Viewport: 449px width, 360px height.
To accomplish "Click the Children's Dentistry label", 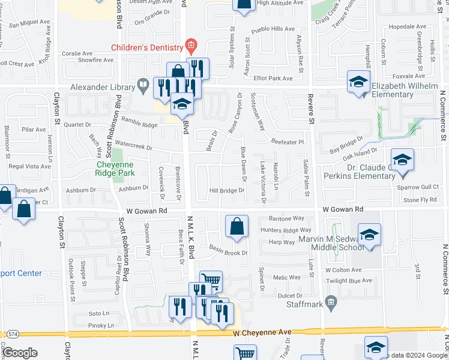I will [x=146, y=47].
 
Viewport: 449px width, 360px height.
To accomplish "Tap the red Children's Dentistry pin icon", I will [x=191, y=45].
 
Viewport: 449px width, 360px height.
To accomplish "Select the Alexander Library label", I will [x=100, y=87].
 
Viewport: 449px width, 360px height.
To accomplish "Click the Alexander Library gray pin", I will [x=143, y=86].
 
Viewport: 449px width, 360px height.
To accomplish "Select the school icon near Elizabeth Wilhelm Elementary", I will [x=358, y=82].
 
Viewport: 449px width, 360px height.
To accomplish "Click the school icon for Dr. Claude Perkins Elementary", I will [x=402, y=160].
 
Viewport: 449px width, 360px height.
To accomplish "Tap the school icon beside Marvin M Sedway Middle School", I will [x=369, y=235].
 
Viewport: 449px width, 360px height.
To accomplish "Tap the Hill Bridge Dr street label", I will [x=226, y=191].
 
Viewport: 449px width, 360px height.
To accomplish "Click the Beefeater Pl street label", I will [x=288, y=142].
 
